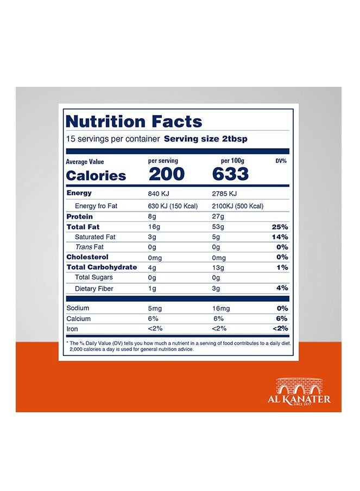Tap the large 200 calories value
[166, 174]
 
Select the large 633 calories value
[230, 174]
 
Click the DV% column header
[281, 161]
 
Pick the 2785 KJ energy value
[225, 194]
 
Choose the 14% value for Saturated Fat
[280, 237]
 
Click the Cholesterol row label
[87, 257]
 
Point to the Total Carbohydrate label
[100, 267]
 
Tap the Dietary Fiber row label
[94, 289]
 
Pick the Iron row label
[72, 329]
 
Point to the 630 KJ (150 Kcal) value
[173, 206]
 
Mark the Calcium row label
[78, 318]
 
